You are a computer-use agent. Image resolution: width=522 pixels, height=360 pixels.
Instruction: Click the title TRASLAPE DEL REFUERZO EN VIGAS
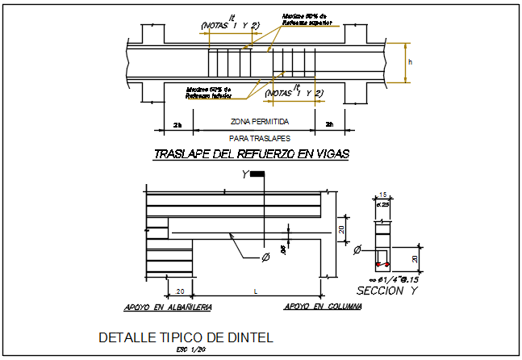click(251, 154)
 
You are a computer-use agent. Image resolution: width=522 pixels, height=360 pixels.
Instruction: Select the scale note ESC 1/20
click(186, 350)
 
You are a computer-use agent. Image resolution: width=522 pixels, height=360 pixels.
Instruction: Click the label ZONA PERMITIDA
click(259, 122)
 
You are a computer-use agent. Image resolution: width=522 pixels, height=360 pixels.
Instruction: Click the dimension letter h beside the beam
click(410, 61)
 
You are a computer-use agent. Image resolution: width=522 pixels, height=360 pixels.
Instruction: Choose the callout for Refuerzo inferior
click(208, 92)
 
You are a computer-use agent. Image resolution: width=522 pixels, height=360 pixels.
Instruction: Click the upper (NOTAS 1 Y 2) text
click(231, 26)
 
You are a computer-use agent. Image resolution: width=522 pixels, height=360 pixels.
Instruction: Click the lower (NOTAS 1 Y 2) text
click(294, 93)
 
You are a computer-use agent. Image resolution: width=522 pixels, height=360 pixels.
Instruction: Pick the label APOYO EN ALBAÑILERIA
click(168, 307)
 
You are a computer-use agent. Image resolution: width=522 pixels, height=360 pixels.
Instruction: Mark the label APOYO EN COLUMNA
click(323, 307)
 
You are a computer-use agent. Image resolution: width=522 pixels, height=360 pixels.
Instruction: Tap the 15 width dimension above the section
click(383, 194)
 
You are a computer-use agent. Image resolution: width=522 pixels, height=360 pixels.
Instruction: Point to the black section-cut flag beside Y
click(257, 174)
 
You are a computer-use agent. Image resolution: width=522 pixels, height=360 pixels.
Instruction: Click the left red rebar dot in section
click(378, 264)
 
